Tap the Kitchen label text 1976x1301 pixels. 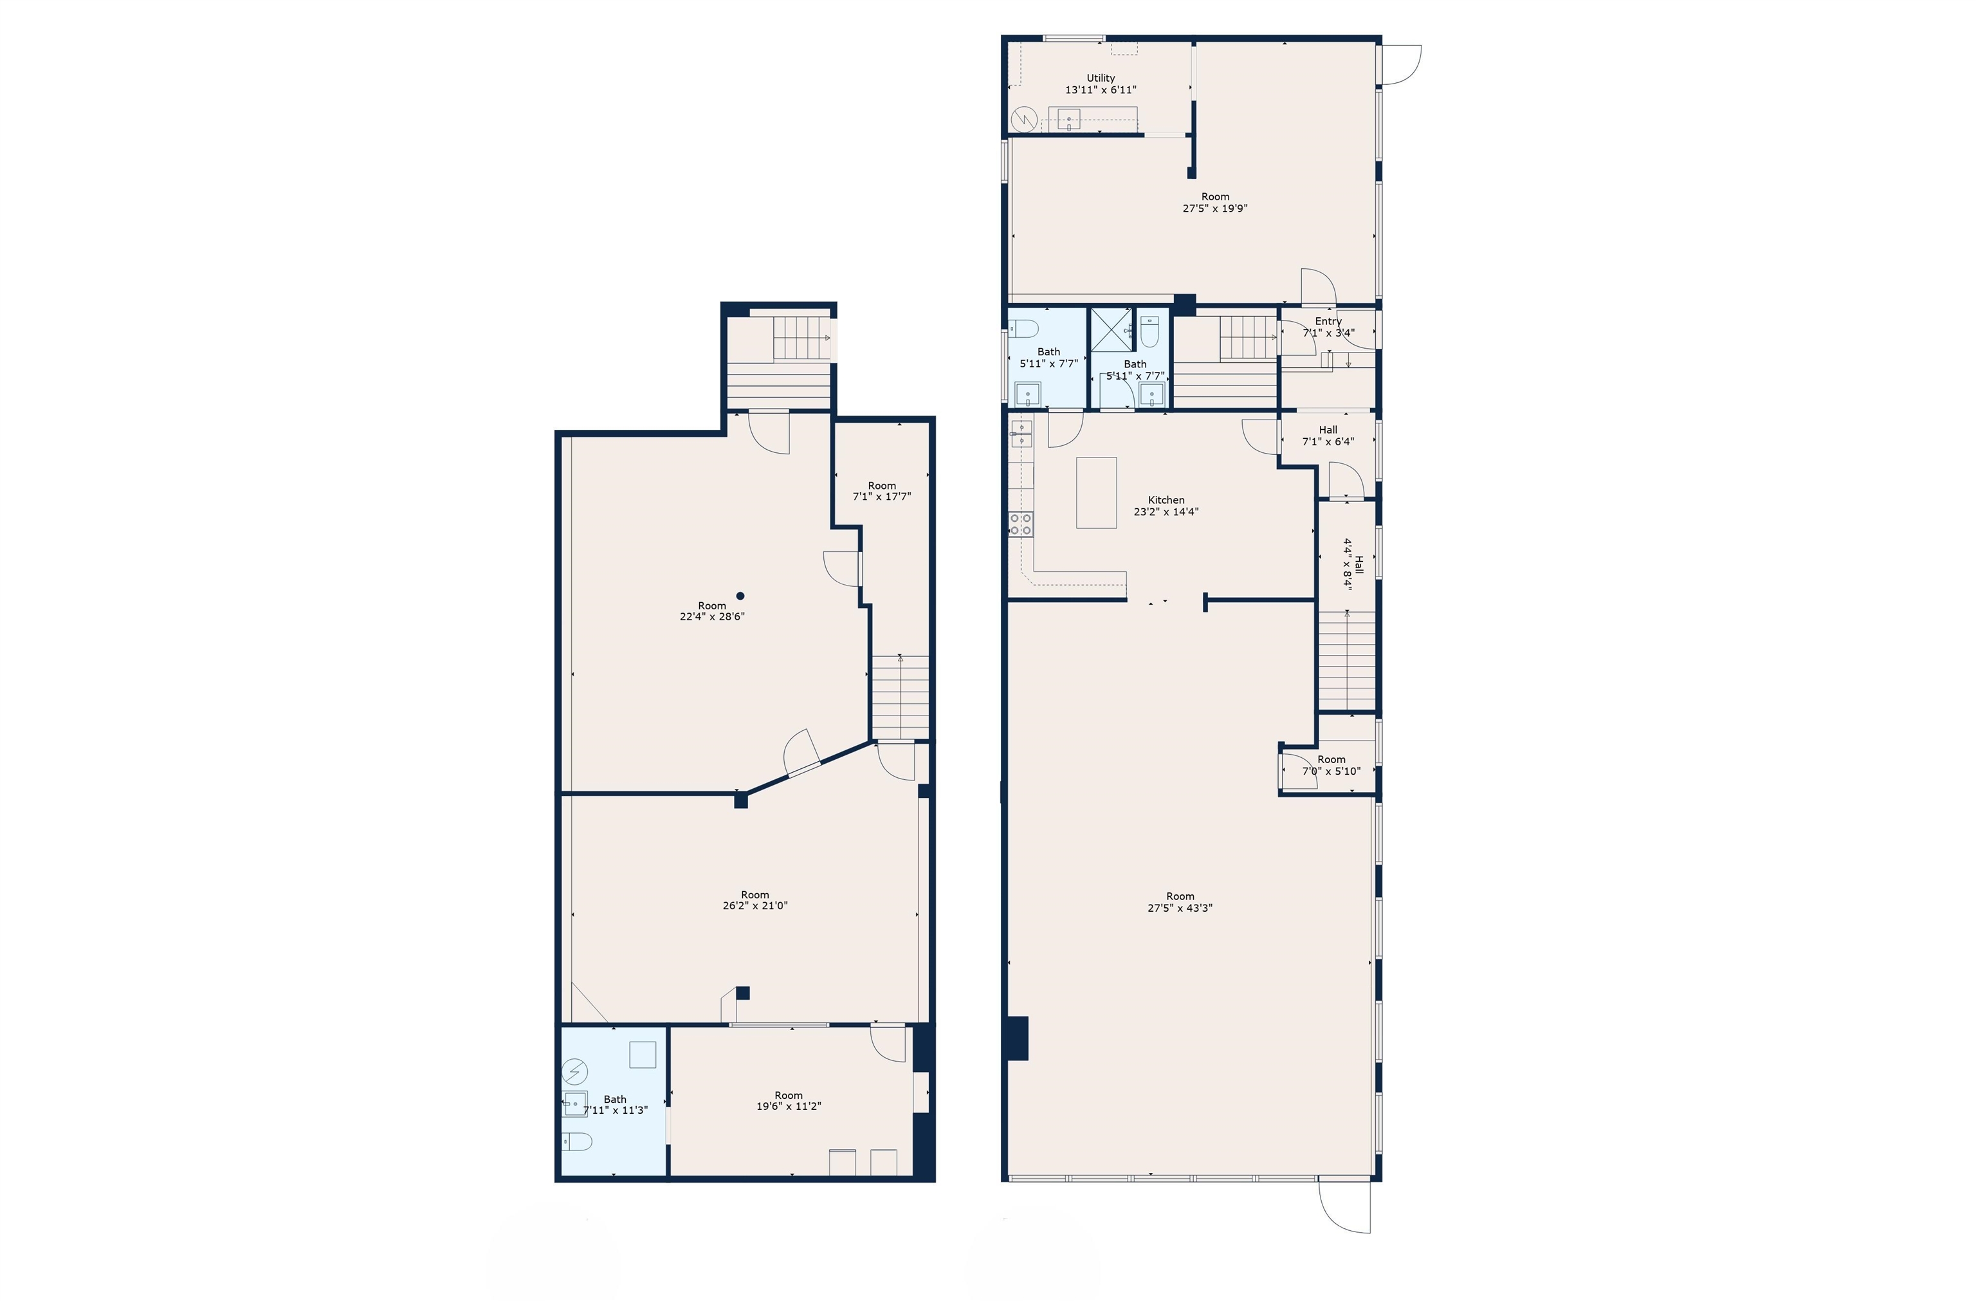click(x=1166, y=500)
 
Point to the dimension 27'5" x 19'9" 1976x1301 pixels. click(x=1214, y=208)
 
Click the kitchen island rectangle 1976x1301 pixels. click(x=1096, y=492)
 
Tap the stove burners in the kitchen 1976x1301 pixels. click(x=1020, y=524)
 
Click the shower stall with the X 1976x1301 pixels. click(x=1111, y=329)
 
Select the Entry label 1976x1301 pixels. click(x=1328, y=321)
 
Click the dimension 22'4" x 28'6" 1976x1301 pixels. click(x=711, y=617)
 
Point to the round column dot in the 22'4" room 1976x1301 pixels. click(x=740, y=595)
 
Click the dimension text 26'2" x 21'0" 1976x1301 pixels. click(x=755, y=906)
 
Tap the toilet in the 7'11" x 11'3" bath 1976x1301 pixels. click(x=576, y=1143)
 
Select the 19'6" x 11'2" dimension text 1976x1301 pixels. click(x=788, y=1106)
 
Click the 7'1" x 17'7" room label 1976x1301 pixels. click(x=882, y=486)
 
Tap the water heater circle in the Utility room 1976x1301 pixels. click(x=1025, y=120)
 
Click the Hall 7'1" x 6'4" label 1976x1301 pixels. click(x=1328, y=430)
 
